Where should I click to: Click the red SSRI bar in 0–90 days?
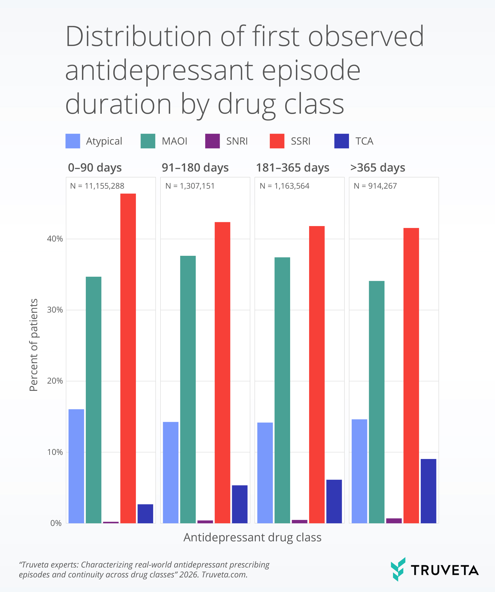[128, 358]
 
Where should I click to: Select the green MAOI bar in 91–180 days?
[188, 389]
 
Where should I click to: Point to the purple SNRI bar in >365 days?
[394, 521]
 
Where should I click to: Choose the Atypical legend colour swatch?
[73, 141]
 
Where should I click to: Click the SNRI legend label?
[237, 141]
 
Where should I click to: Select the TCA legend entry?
[364, 141]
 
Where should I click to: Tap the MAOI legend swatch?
[148, 141]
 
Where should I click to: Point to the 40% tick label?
[55, 239]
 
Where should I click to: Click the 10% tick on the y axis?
[55, 452]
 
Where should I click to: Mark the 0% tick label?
[56, 523]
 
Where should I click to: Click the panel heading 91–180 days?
[195, 168]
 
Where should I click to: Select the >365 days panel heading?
[377, 168]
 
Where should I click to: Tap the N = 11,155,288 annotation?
[97, 186]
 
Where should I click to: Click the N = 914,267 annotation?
[375, 186]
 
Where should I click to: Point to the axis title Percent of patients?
[34, 345]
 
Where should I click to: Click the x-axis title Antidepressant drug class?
[252, 537]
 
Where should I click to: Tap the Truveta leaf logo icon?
[398, 569]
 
